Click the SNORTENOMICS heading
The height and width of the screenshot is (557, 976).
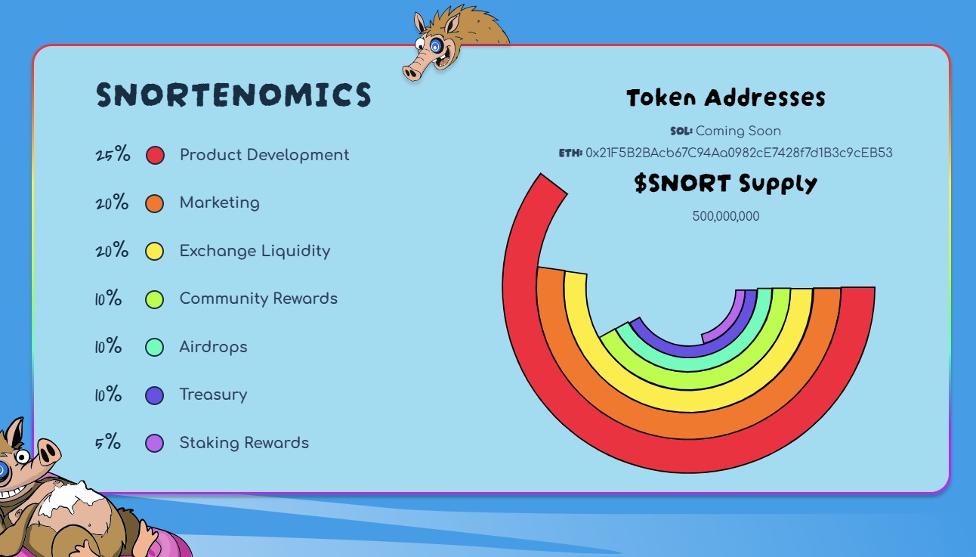(x=233, y=95)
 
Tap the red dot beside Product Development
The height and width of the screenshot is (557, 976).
(x=155, y=156)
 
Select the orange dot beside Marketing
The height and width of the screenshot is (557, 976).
(x=155, y=203)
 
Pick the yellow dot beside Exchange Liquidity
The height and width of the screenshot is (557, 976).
(x=155, y=252)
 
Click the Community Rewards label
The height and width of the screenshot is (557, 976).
(x=258, y=299)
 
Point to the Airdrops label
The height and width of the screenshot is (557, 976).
(x=213, y=347)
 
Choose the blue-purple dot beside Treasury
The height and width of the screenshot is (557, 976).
(x=155, y=395)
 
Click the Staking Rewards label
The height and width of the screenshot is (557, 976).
(x=244, y=443)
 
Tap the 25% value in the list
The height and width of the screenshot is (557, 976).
(x=113, y=156)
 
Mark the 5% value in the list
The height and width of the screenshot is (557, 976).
(x=107, y=443)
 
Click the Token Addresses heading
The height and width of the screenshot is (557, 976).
(x=725, y=97)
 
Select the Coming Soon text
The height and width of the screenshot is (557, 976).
(x=738, y=131)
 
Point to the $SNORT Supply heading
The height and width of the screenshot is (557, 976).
(x=725, y=184)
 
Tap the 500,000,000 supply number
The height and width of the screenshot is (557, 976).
(x=725, y=216)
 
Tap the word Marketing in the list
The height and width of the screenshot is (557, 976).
(x=219, y=203)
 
